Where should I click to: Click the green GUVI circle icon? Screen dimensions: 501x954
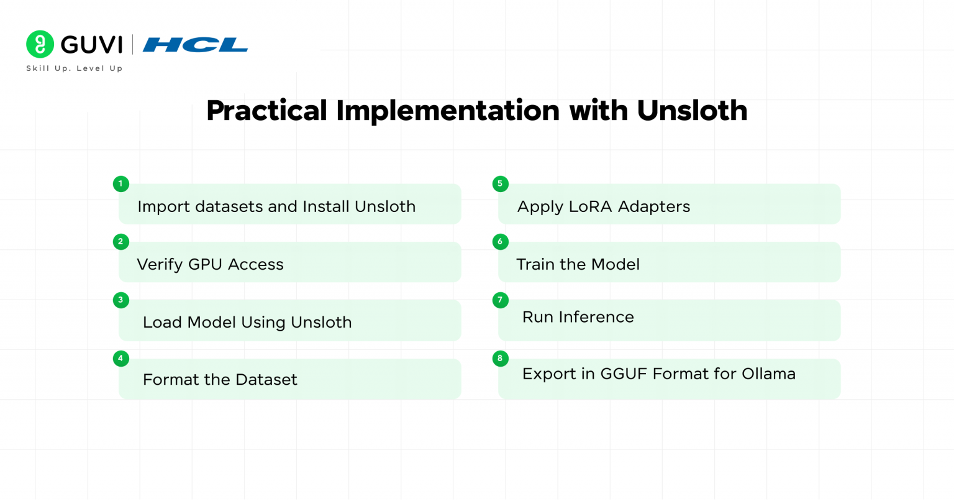pyautogui.click(x=40, y=44)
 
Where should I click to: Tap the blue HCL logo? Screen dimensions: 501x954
pyautogui.click(x=195, y=45)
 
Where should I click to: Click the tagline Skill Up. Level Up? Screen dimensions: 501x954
pyautogui.click(x=75, y=68)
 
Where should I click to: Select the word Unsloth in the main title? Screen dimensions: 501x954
pyautogui.click(x=692, y=111)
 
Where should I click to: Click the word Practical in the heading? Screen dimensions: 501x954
pyautogui.click(x=266, y=111)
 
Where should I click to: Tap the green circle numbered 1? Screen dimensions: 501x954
pyautogui.click(x=121, y=184)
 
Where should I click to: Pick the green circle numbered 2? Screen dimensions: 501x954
pyautogui.click(x=121, y=242)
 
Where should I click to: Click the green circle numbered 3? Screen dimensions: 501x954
pyautogui.click(x=121, y=300)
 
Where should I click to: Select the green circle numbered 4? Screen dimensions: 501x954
pyautogui.click(x=121, y=359)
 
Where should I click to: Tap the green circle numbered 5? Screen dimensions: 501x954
pyautogui.click(x=501, y=184)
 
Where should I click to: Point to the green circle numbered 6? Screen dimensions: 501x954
pyautogui.click(x=501, y=242)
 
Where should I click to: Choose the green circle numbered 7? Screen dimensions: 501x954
pyautogui.click(x=501, y=300)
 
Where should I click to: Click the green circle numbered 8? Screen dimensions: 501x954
pyautogui.click(x=501, y=359)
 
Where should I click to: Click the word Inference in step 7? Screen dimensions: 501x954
pyautogui.click(x=596, y=317)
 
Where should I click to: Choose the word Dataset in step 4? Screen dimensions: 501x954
pyautogui.click(x=266, y=380)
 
